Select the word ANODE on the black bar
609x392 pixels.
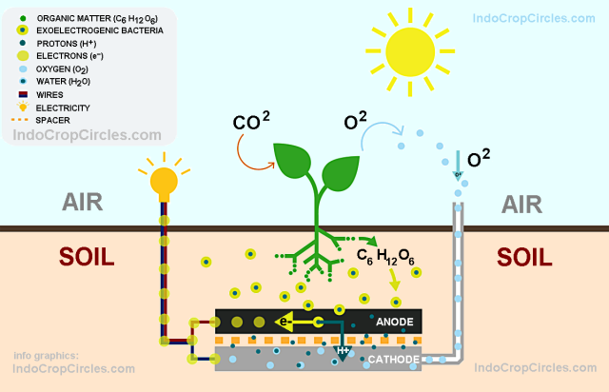pyautogui.click(x=394, y=322)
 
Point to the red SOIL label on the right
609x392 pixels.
pyautogui.click(x=524, y=257)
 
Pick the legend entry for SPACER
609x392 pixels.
pyautogui.click(x=53, y=120)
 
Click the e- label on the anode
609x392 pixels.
pyautogui.click(x=285, y=322)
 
